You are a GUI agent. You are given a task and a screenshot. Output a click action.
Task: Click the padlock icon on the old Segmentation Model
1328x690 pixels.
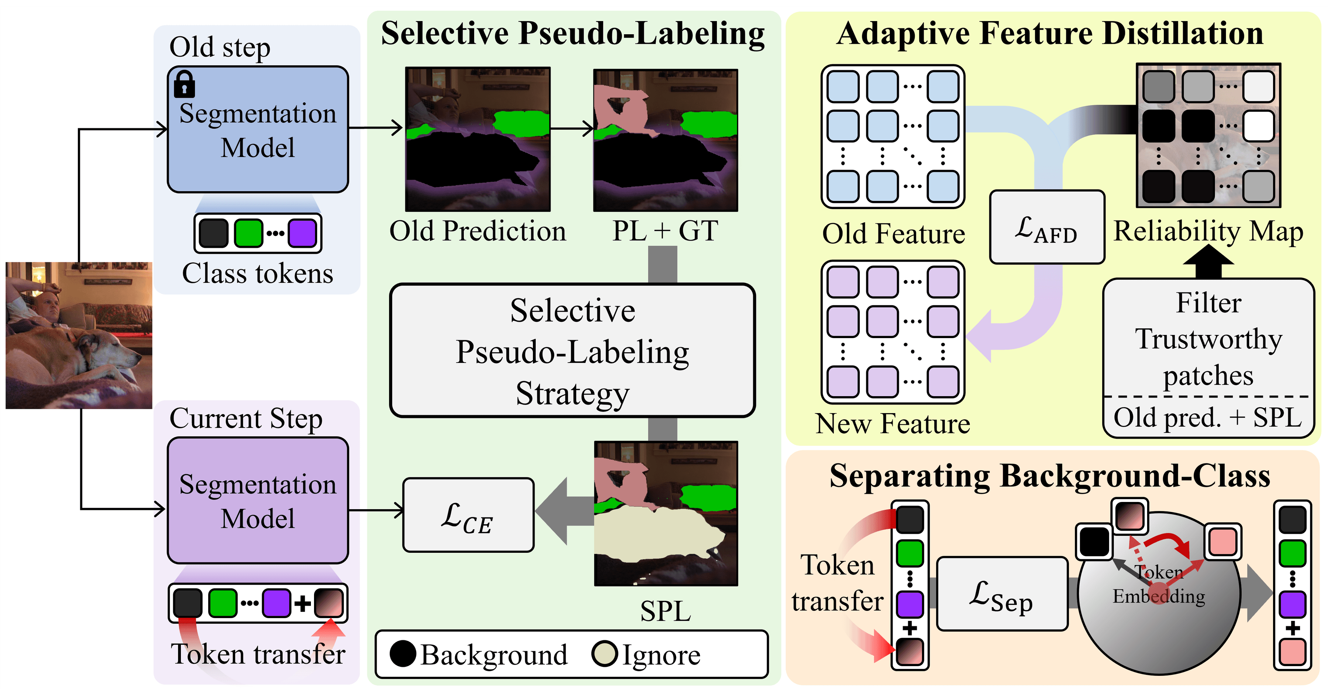tap(184, 84)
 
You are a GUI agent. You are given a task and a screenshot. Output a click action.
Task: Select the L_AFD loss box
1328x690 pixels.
tap(1046, 227)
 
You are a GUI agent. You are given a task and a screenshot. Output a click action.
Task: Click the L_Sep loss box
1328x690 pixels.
tap(1002, 594)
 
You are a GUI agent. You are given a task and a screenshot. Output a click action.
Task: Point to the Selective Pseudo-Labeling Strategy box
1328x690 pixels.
tap(572, 351)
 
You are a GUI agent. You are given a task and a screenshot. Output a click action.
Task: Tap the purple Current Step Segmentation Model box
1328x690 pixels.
tap(258, 500)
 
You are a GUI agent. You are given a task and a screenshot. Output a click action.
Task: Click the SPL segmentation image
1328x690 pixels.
tap(665, 513)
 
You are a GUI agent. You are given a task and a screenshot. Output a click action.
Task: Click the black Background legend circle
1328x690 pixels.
tap(403, 654)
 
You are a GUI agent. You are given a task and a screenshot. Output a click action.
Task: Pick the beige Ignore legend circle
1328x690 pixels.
tap(604, 654)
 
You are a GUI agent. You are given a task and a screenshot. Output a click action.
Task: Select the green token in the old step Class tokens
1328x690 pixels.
tap(249, 233)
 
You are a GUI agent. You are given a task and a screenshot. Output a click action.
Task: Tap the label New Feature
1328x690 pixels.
tap(892, 423)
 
